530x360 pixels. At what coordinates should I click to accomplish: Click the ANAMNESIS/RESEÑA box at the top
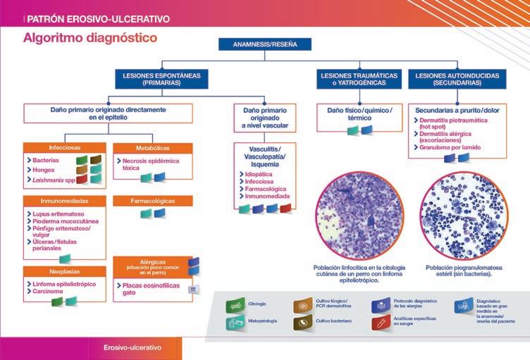265,44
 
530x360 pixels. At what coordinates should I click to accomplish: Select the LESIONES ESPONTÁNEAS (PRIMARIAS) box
161,78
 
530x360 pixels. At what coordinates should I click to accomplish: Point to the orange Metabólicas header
152,148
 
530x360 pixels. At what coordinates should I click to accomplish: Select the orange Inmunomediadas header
64,201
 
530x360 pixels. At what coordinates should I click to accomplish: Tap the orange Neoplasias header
64,270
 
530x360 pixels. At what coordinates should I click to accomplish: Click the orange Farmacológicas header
152,201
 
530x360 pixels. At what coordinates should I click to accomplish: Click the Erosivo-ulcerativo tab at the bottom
132,348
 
